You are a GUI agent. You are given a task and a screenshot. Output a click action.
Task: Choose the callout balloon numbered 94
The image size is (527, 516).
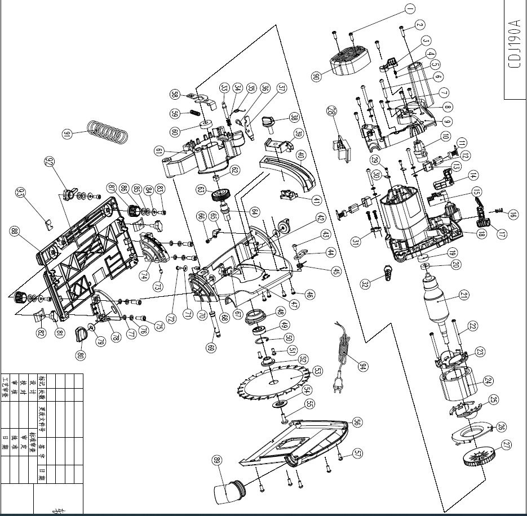[x=363, y=366]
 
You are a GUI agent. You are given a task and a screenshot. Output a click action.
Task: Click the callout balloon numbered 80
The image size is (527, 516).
[x=80, y=355]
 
